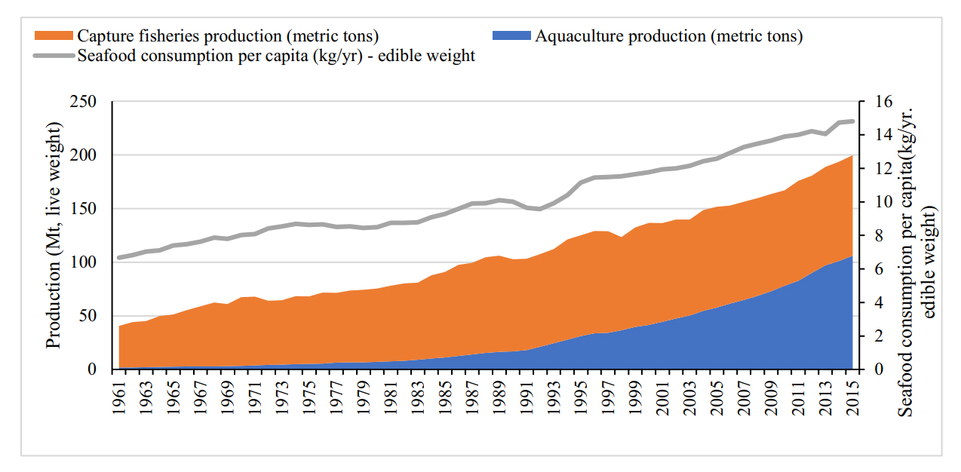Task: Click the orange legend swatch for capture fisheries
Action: (x=54, y=35)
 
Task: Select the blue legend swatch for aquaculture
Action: (x=511, y=35)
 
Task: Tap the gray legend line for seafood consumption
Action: (x=54, y=56)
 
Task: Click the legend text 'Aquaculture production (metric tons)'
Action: (x=669, y=36)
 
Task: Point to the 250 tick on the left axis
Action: (x=83, y=102)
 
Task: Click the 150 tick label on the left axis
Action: (x=83, y=209)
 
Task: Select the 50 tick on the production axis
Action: (x=88, y=316)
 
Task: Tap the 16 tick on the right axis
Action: (x=883, y=102)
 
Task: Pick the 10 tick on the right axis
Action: (x=883, y=202)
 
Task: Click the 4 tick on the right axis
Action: (x=879, y=302)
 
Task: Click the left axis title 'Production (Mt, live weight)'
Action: (x=54, y=235)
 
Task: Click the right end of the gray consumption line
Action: (x=853, y=121)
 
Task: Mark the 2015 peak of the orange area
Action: (x=852, y=155)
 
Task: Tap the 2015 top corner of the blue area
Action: (x=852, y=256)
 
